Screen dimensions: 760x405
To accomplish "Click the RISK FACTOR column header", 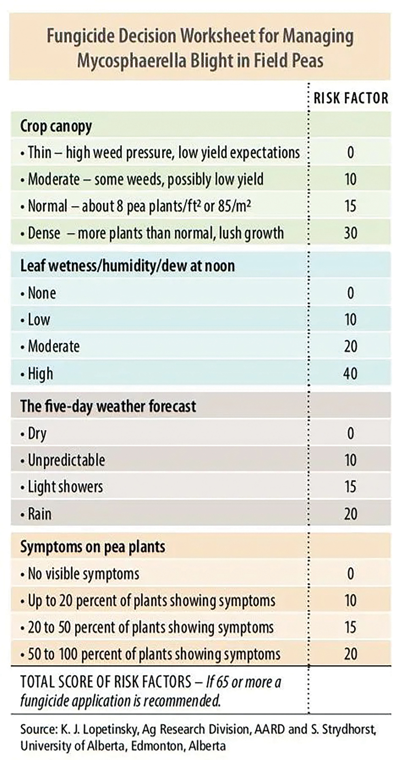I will pyautogui.click(x=351, y=98).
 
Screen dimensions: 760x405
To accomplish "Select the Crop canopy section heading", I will pyautogui.click(x=56, y=126).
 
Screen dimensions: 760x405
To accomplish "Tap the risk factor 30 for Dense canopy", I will pyautogui.click(x=350, y=233).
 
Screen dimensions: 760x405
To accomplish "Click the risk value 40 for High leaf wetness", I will pyautogui.click(x=350, y=373).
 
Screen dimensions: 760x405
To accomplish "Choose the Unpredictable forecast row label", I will pyautogui.click(x=66, y=460).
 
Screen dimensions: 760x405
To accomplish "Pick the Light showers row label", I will pyautogui.click(x=65, y=487).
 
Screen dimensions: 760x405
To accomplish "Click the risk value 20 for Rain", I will pyautogui.click(x=350, y=514).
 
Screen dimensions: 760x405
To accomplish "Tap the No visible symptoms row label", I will pyautogui.click(x=83, y=574).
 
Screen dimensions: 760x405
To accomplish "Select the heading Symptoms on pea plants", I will pyautogui.click(x=93, y=547).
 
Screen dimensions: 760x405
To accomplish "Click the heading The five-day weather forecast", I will pyautogui.click(x=108, y=407).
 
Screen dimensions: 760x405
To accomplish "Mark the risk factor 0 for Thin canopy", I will pyautogui.click(x=350, y=153).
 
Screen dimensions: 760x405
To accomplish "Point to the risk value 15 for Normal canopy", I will pyautogui.click(x=350, y=206).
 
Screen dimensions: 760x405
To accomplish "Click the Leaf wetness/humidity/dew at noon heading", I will pyautogui.click(x=127, y=266).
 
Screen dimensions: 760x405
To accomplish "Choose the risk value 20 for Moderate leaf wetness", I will pyautogui.click(x=350, y=347).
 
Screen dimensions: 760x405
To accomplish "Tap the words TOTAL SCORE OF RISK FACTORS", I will pyautogui.click(x=105, y=682).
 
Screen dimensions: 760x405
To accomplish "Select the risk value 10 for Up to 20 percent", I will pyautogui.click(x=350, y=600).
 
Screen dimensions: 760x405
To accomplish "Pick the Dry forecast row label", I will pyautogui.click(x=37, y=434).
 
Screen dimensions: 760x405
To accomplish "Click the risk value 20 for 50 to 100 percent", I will pyautogui.click(x=350, y=654).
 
